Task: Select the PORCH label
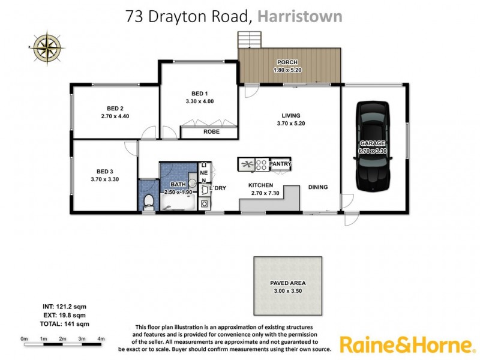click(x=287, y=62)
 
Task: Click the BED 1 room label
click(x=200, y=94)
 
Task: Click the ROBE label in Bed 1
click(x=211, y=132)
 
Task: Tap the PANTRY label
click(x=280, y=164)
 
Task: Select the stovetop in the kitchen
click(x=262, y=164)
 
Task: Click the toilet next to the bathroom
click(x=149, y=202)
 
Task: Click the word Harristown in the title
click(x=300, y=16)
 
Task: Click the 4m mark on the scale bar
click(x=101, y=339)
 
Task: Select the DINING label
click(x=318, y=187)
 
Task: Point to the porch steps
click(x=250, y=40)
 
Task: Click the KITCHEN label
click(x=261, y=186)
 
